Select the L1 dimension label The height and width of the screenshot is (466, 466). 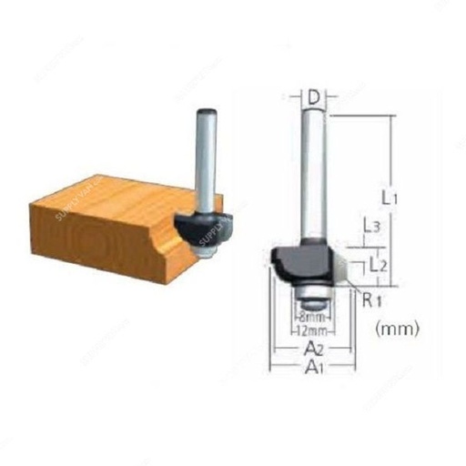click(389, 195)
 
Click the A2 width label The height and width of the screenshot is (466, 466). click(313, 349)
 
